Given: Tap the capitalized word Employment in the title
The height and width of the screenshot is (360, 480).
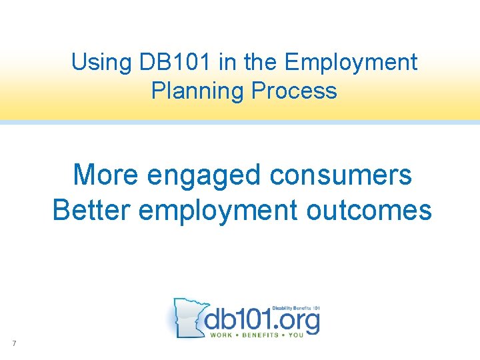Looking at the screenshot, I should pos(351,63).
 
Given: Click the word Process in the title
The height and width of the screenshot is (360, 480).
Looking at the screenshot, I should pos(294,90).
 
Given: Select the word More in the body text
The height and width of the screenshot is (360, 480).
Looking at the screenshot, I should pos(107,175).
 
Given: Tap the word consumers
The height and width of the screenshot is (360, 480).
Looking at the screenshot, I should pos(341,175).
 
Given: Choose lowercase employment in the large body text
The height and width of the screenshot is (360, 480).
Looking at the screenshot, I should pos(219,211).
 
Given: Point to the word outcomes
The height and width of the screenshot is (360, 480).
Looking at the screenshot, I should pos(369,210).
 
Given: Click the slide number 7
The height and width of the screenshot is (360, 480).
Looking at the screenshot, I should pos(13,343).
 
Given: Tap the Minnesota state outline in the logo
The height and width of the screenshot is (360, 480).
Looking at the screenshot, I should pos(187,317).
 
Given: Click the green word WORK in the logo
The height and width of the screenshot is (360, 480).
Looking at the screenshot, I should pos(221,335).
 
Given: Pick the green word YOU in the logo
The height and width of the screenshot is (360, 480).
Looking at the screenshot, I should pos(296,335).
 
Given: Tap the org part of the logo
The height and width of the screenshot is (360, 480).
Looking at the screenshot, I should pos(295,320).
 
